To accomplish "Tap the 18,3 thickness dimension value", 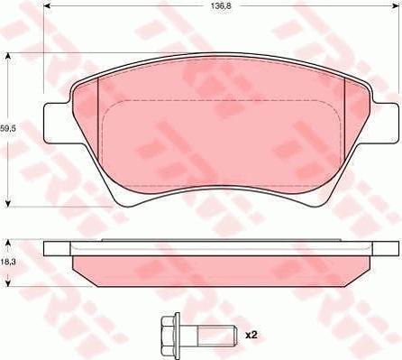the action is coord(8,262).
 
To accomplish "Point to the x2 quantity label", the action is coord(251,335).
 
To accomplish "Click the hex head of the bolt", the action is coord(170,334).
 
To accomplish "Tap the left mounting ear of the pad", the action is coord(57,123).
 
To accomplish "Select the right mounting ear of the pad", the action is coord(385,123).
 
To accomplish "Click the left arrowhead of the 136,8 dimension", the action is coord(47,6).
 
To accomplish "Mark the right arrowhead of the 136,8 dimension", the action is coord(396,6).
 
